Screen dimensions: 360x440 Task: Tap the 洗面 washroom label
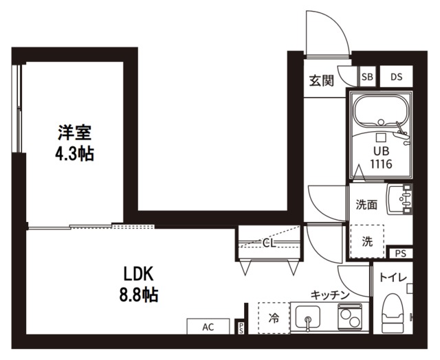point(366,204)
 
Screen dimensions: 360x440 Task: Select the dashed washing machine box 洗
point(366,241)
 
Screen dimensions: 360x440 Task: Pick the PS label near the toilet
point(400,254)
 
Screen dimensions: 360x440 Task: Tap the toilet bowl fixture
point(394,313)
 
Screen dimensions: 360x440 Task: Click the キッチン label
point(330,294)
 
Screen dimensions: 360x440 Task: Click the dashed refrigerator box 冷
point(274,318)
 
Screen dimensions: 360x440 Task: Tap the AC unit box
point(208,327)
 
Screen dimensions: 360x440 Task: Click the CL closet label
point(269,242)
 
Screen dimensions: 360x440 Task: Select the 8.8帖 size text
point(141,295)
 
